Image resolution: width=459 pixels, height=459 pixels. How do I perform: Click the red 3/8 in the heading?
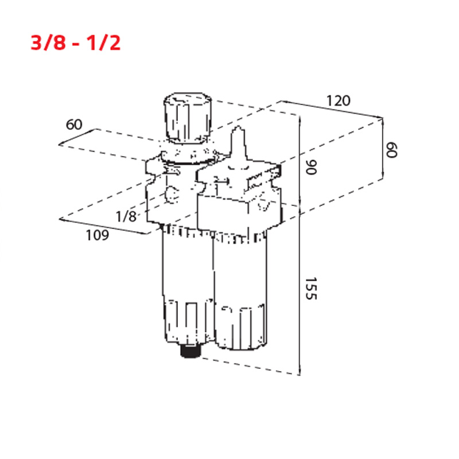point(48,42)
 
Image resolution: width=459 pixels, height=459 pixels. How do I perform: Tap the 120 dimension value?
point(338,101)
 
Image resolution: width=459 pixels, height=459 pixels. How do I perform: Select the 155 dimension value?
point(311,289)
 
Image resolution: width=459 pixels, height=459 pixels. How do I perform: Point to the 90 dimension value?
point(311,167)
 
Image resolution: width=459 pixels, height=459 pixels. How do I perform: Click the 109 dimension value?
point(97,235)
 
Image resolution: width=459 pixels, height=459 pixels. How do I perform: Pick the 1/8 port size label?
point(126,217)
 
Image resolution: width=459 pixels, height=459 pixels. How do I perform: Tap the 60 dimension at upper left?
point(74,125)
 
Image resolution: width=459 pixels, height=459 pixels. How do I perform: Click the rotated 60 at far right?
point(391,150)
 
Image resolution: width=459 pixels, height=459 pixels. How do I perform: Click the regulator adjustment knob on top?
point(188,118)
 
